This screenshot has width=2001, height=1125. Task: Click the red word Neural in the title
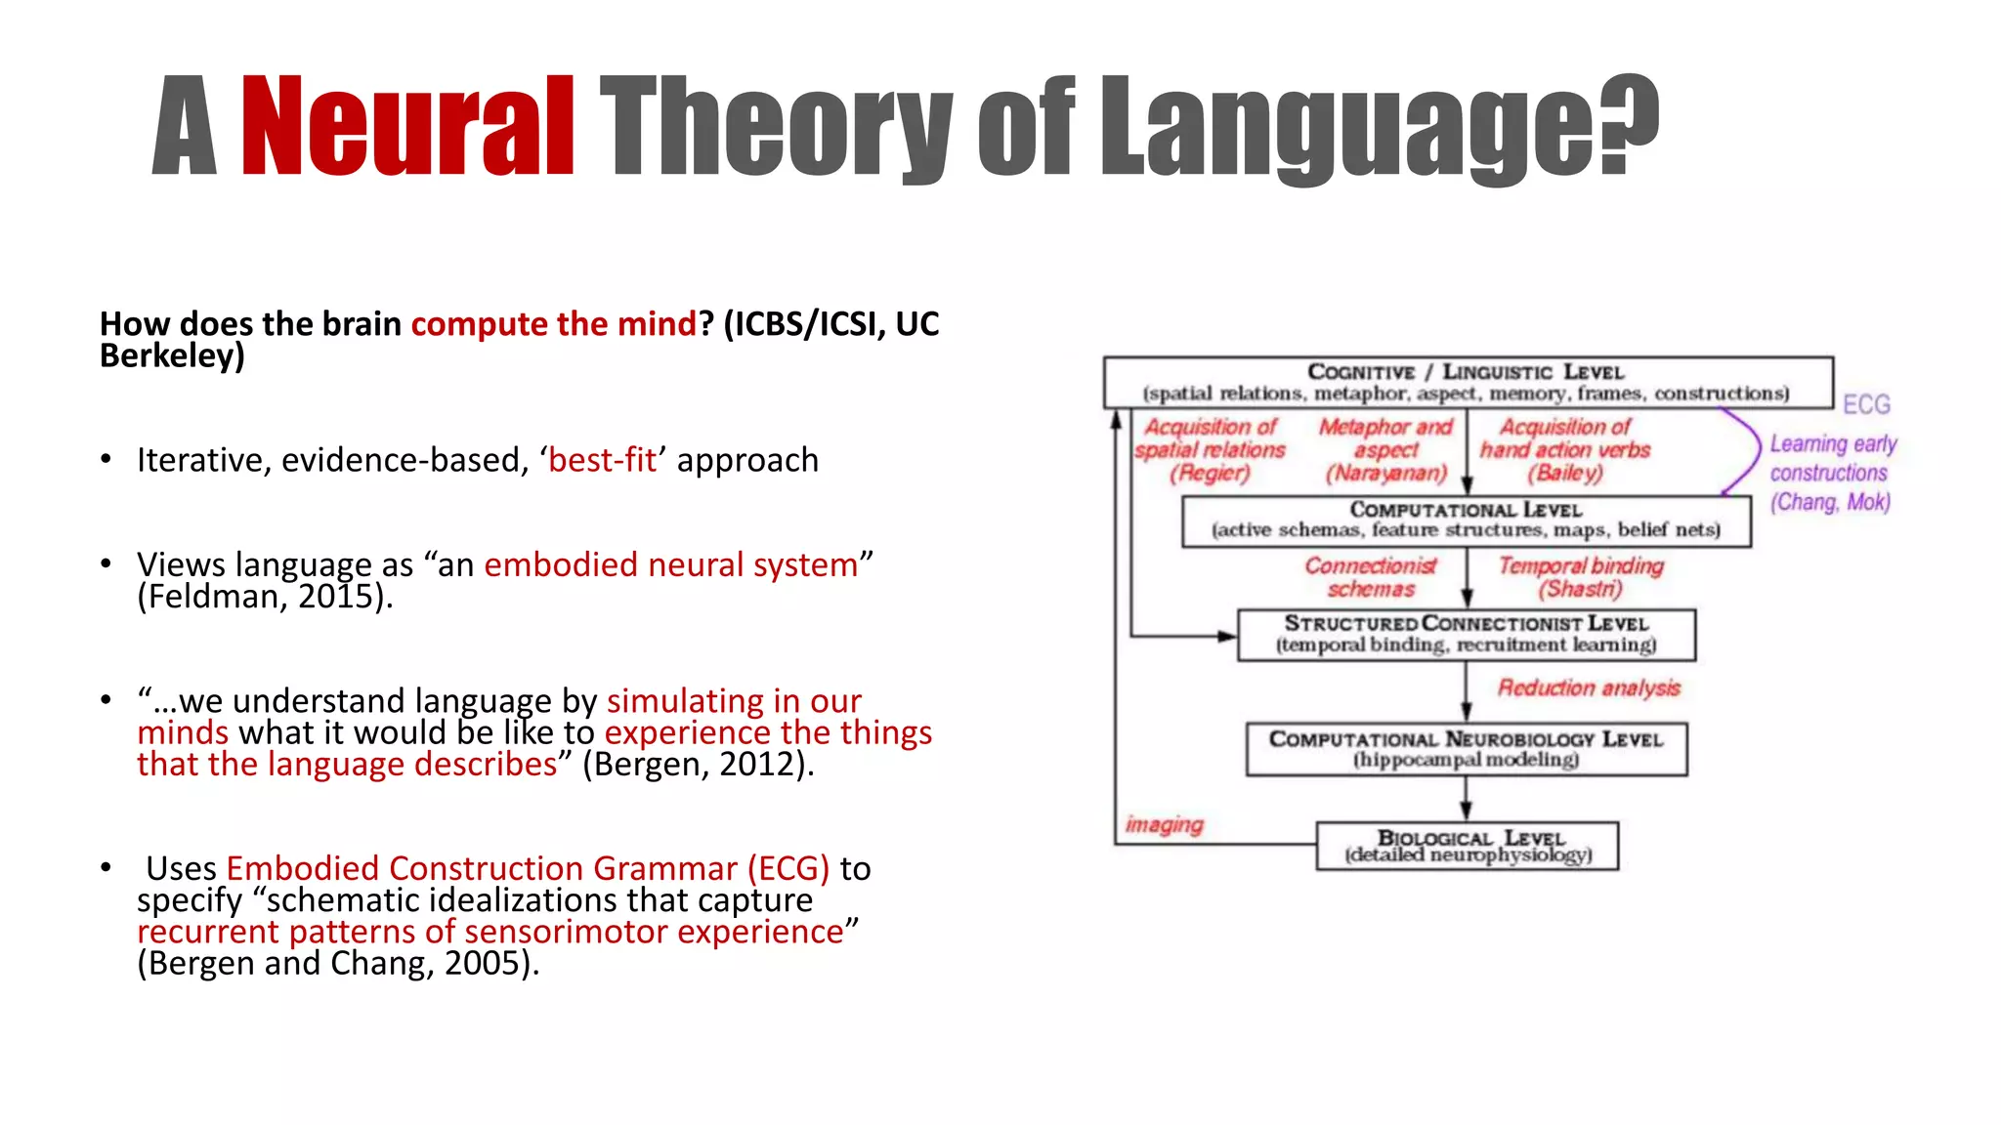[x=407, y=127]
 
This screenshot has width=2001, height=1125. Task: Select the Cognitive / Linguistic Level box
[x=1467, y=382]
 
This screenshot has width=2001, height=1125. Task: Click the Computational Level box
[x=1466, y=521]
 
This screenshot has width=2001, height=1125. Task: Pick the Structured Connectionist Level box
[x=1466, y=635]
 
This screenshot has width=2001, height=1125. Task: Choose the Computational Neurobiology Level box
[x=1466, y=749]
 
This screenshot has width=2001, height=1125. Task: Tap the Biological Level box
[x=1468, y=846]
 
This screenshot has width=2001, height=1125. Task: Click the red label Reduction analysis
[x=1589, y=688]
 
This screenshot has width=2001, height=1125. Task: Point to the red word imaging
[x=1164, y=824]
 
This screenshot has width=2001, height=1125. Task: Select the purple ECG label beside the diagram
[x=1866, y=404]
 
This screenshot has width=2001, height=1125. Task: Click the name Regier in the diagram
[x=1211, y=474]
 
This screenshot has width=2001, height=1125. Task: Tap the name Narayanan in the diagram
[x=1385, y=474]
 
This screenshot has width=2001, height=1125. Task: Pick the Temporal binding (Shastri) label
[x=1580, y=577]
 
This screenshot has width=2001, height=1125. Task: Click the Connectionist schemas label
[x=1371, y=577]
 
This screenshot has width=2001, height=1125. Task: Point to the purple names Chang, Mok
[x=1830, y=502]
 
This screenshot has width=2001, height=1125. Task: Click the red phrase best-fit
[x=602, y=460]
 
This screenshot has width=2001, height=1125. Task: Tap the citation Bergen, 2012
[x=696, y=764]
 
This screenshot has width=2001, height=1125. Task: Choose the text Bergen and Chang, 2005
[x=336, y=963]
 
